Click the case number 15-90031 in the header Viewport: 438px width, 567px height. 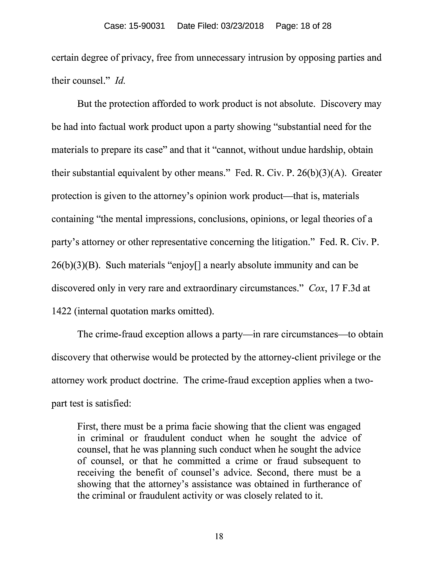tap(147, 26)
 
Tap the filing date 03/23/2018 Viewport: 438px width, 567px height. tap(242, 26)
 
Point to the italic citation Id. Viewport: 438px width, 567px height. tap(120, 81)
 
